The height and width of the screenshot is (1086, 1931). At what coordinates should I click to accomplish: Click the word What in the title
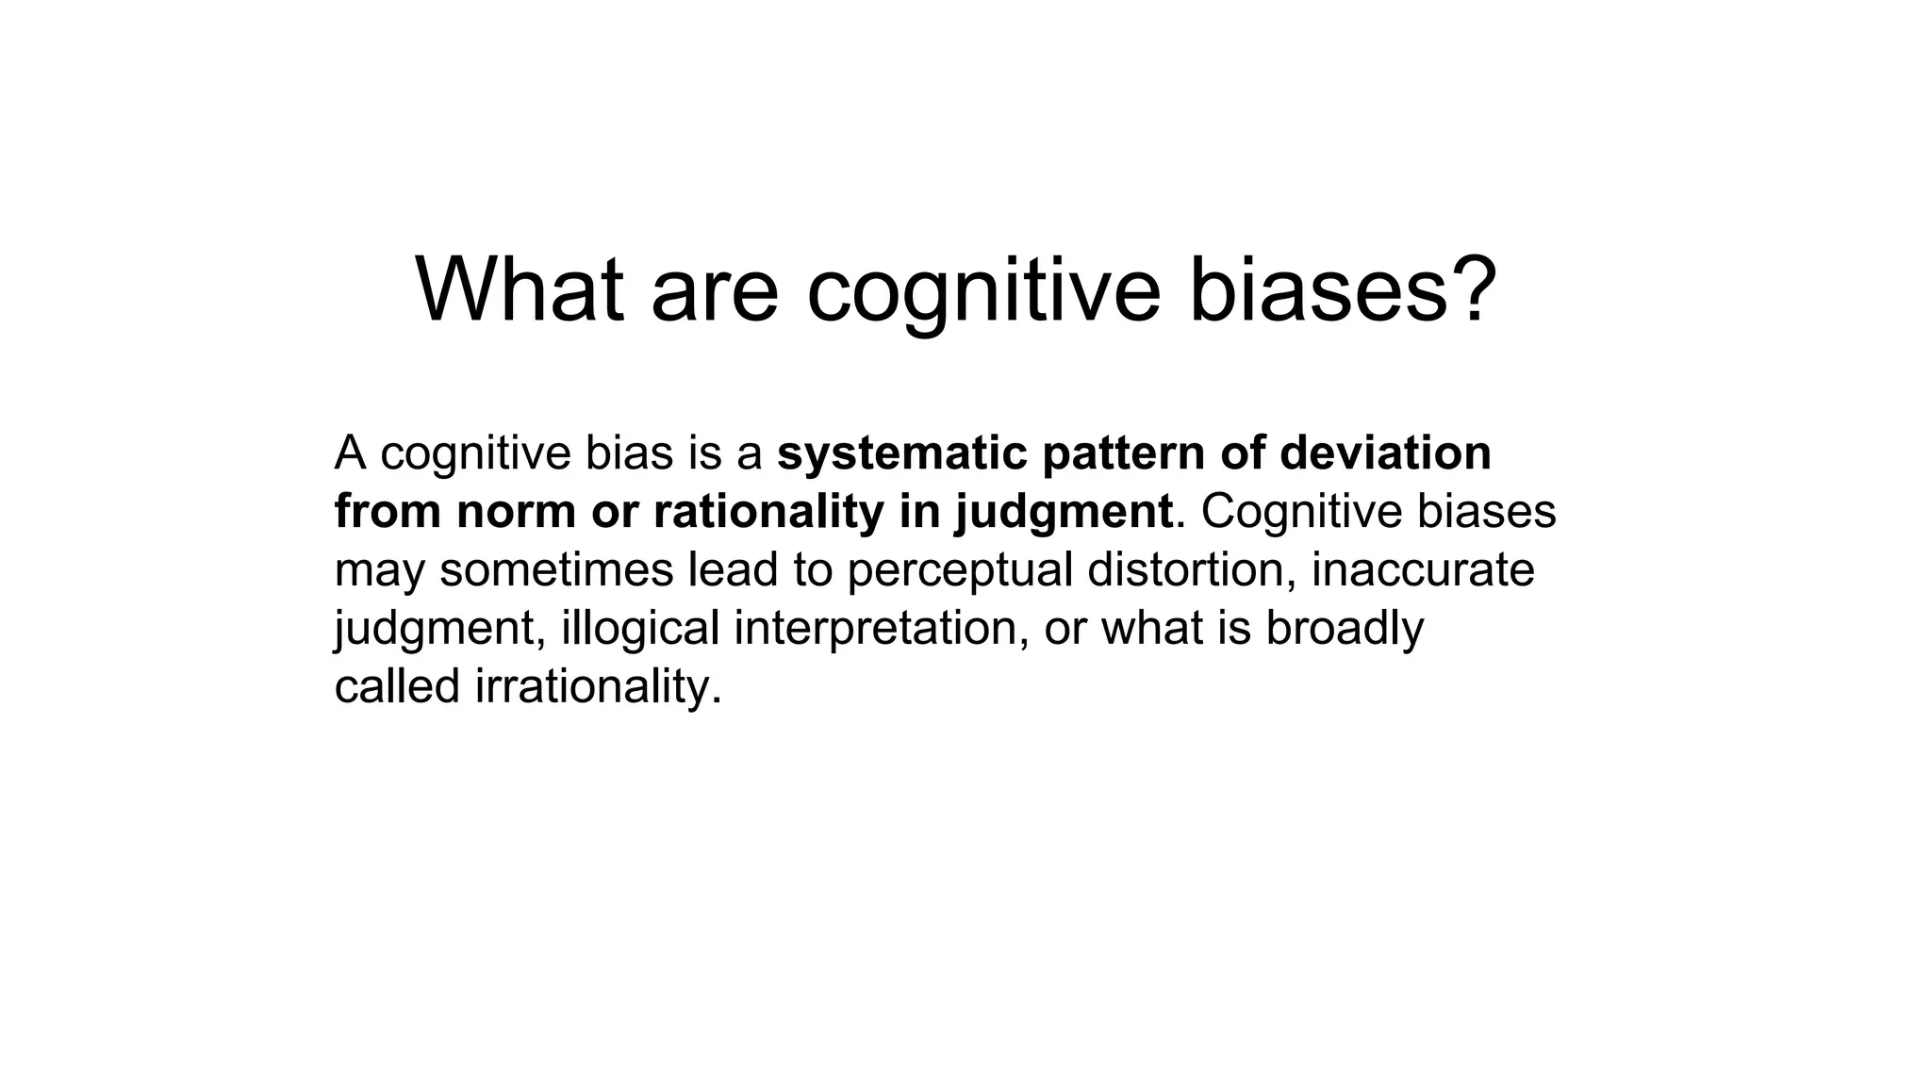[x=520, y=289]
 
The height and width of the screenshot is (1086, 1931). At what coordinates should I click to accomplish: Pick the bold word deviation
[x=1385, y=452]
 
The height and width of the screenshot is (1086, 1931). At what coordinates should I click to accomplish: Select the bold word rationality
[x=767, y=512]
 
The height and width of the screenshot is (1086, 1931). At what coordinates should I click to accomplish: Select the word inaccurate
[x=1423, y=570]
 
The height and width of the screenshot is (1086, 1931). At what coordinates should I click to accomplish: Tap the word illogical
[x=640, y=629]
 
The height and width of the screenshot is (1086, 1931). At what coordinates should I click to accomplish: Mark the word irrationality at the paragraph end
[x=598, y=687]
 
